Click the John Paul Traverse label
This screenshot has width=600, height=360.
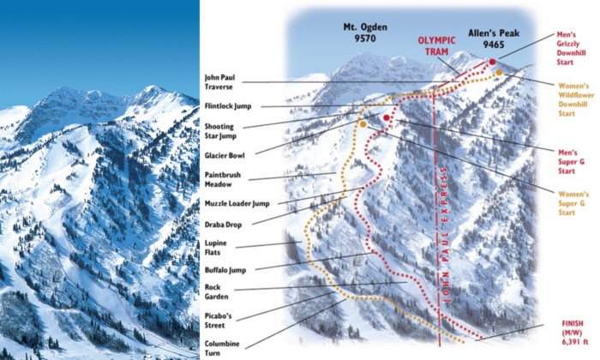click(x=220, y=81)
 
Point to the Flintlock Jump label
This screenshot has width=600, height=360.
click(x=227, y=106)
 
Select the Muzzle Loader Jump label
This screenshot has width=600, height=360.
click(x=237, y=203)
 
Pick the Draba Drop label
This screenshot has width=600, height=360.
click(x=223, y=224)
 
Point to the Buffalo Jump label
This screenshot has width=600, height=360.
click(x=225, y=270)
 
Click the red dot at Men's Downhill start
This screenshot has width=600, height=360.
click(x=492, y=62)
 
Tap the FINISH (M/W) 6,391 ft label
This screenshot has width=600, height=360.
click(x=561, y=330)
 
